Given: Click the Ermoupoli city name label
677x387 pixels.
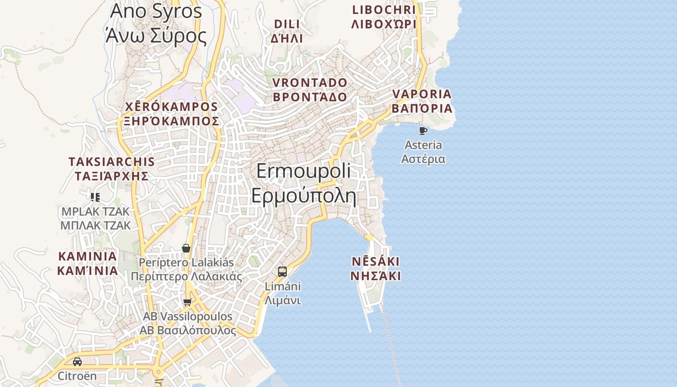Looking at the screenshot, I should (304, 184).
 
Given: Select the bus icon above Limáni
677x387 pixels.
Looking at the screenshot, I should (282, 271).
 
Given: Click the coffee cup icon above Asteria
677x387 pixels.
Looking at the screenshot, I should (423, 131).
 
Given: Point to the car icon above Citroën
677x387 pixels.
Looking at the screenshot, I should (77, 362).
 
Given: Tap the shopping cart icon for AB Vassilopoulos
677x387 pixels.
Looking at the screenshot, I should (187, 302).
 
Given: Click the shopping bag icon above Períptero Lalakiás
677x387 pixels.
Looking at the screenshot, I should (186, 248).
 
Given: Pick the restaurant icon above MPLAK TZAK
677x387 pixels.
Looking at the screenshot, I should (95, 197).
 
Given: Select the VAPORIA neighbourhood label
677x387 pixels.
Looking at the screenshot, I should (422, 101).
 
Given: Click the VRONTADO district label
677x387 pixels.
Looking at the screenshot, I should (310, 89).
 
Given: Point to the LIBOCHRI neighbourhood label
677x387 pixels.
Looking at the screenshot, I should (384, 17).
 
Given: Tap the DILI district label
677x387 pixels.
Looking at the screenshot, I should (287, 31).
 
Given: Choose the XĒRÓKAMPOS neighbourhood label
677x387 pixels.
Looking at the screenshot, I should (172, 114).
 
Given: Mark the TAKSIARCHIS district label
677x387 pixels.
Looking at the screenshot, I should (112, 168).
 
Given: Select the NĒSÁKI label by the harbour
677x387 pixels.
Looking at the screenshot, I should (375, 268).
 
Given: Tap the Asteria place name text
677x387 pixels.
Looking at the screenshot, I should (423, 152).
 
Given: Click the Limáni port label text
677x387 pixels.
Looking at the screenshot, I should (283, 293).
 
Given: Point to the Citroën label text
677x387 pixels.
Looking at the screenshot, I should (77, 376).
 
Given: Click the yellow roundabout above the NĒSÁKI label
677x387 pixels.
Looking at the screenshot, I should (369, 238).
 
